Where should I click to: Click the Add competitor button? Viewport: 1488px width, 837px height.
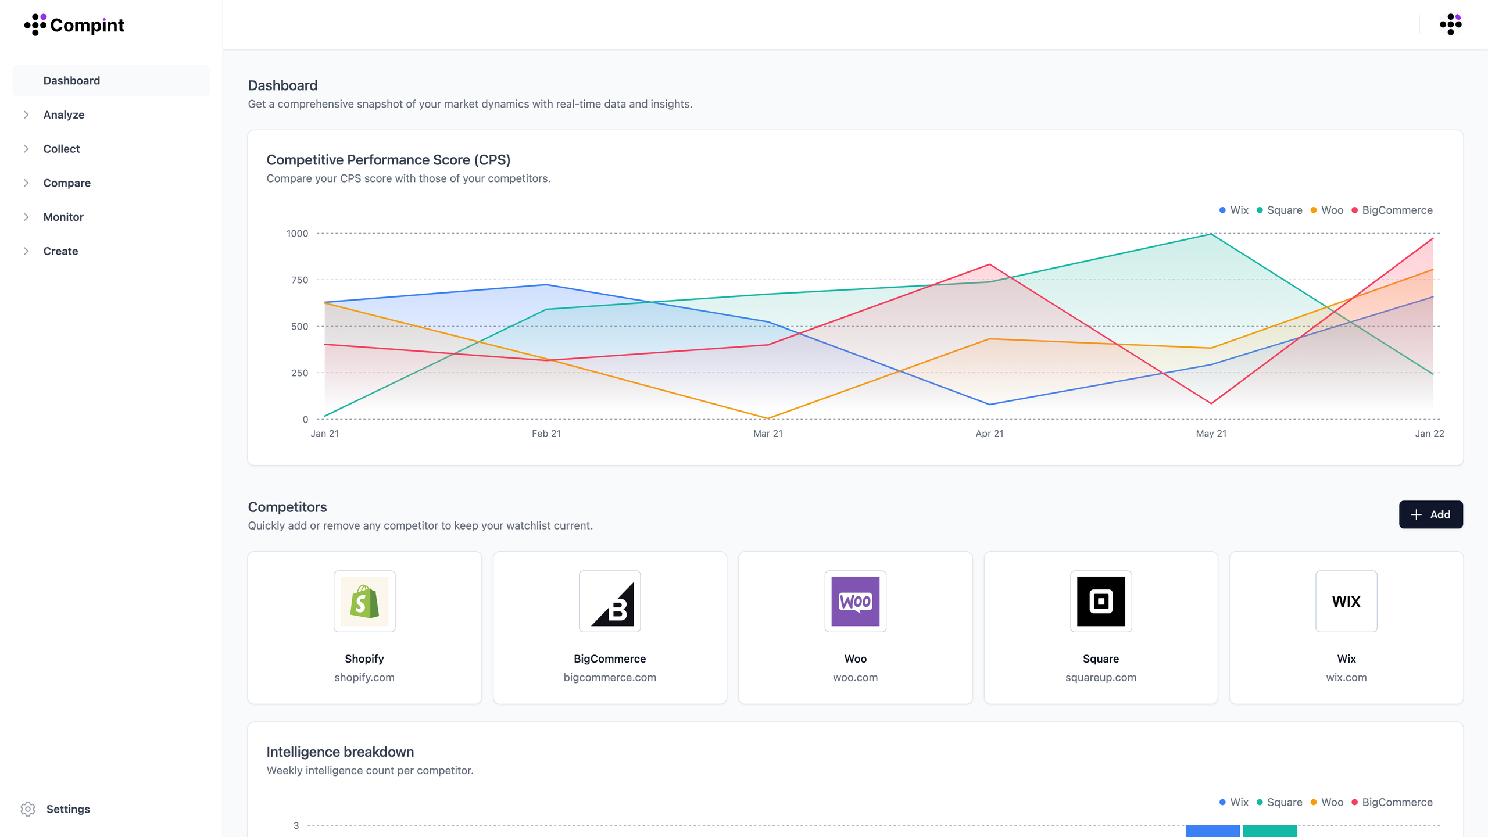click(1430, 514)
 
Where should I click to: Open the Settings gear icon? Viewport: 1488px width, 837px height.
click(28, 809)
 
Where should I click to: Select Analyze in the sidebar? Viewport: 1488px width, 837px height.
click(64, 115)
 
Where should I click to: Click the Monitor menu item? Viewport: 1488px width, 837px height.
click(63, 217)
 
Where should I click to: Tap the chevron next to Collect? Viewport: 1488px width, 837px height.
click(26, 149)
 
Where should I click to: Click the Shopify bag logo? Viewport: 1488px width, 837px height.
click(364, 601)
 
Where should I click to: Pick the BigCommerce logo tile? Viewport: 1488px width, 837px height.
click(610, 601)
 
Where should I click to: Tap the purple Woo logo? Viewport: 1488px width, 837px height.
click(855, 601)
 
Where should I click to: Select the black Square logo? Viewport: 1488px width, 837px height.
click(1101, 601)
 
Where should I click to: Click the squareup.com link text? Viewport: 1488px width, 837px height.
click(1101, 677)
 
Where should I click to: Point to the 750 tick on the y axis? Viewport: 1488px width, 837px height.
click(299, 280)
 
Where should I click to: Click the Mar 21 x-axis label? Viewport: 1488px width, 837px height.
click(768, 434)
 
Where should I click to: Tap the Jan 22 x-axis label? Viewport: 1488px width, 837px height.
click(1429, 434)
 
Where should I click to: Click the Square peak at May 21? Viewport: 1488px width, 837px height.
click(1211, 234)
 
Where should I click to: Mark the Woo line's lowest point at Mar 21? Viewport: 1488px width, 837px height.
click(768, 418)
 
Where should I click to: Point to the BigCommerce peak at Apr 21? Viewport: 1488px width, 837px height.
click(989, 265)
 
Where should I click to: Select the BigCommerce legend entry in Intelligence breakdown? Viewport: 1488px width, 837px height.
click(1392, 802)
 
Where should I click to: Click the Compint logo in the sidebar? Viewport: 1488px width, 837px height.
click(74, 25)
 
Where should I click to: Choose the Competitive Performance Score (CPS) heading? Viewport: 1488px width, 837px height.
click(388, 160)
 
